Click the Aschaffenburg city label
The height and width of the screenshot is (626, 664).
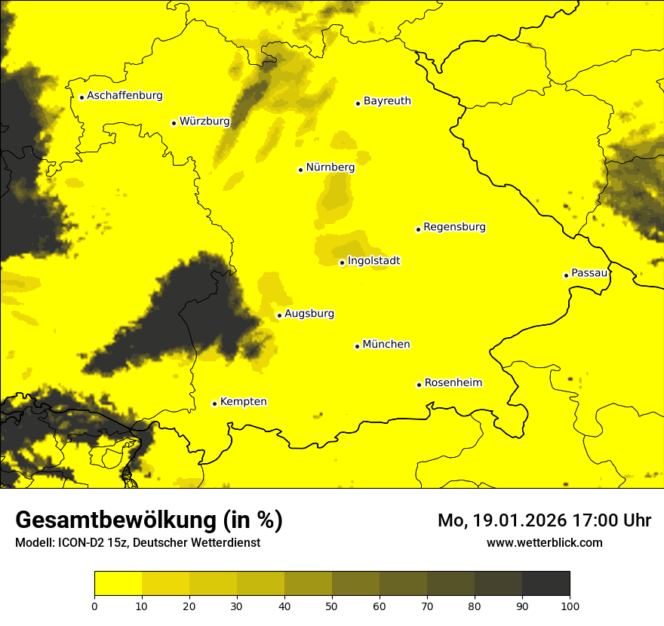coord(124,96)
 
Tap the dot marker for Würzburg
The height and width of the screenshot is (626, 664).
coord(174,123)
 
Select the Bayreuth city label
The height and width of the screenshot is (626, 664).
coord(387,100)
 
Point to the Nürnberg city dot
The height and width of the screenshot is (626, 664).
coord(300,170)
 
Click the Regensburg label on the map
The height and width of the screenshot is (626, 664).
coord(454,227)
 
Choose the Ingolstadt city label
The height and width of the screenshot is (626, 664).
coord(373,261)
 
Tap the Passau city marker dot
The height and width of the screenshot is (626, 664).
coord(566,275)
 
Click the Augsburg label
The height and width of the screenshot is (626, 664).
coord(309,314)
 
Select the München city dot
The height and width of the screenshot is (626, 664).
coord(357,346)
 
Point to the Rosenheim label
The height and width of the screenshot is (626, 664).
coord(453,383)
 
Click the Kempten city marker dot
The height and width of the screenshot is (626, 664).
coord(214,404)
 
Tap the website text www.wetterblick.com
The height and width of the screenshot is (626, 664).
coord(544,543)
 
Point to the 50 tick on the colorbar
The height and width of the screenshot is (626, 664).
coord(332,606)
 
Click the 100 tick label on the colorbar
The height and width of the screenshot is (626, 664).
coord(570,606)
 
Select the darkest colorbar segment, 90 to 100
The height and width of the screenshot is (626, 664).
coord(546,584)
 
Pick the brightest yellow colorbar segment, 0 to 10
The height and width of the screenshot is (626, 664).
coord(118,584)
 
